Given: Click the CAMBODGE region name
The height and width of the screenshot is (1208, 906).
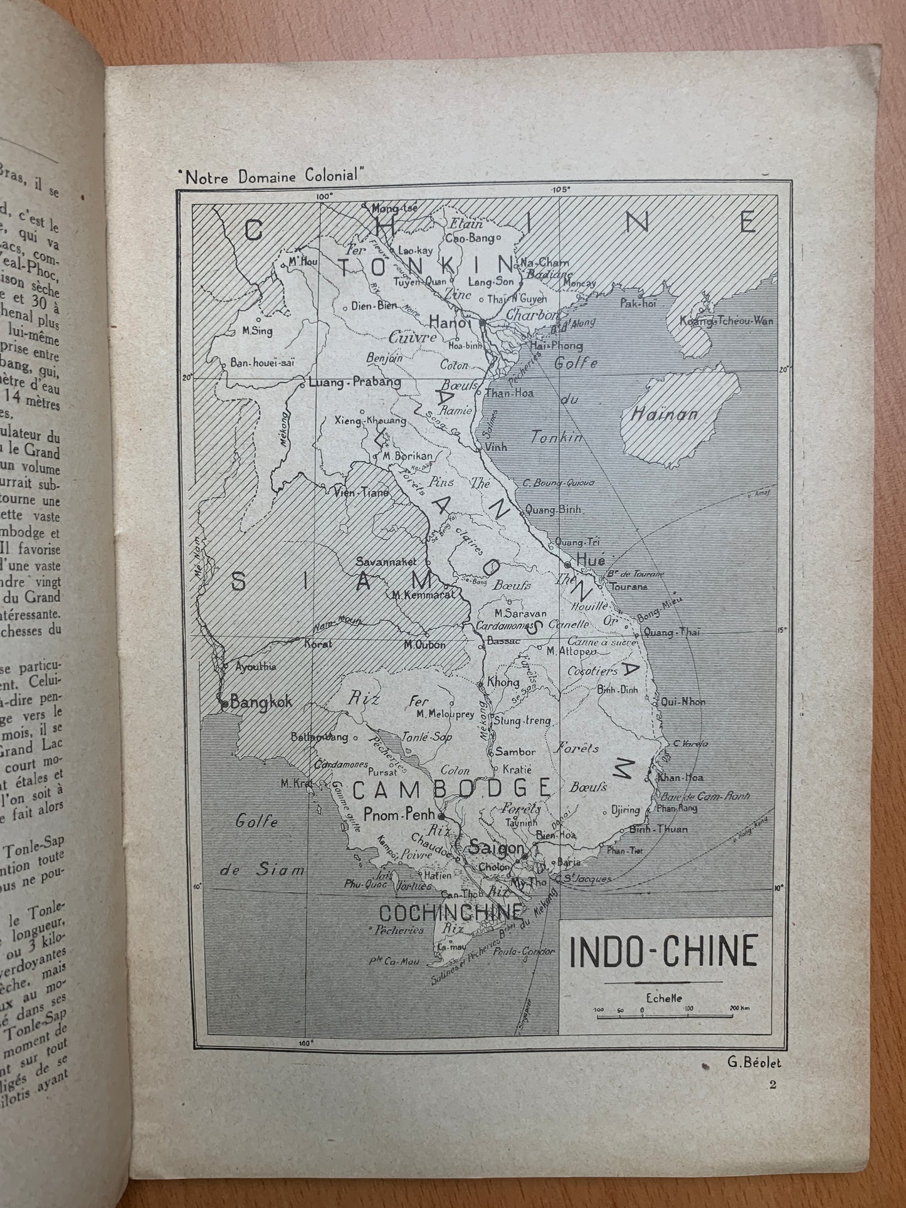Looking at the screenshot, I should click(x=451, y=789).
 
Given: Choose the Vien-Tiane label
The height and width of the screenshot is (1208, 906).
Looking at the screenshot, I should click(x=364, y=492).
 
